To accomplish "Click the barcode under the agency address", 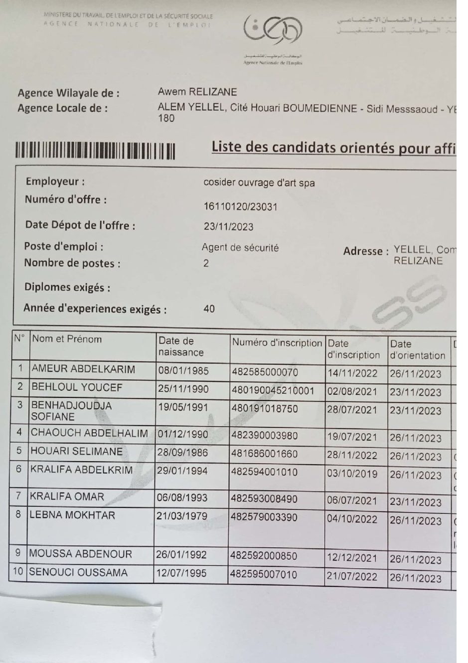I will click(x=95, y=151).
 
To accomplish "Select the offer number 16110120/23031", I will click(x=240, y=207).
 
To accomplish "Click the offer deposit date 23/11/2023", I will click(x=228, y=227).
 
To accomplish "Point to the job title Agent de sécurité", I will click(x=240, y=248).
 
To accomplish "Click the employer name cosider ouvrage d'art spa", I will click(x=259, y=183).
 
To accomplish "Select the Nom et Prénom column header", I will click(x=67, y=339).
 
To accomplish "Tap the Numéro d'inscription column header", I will click(x=277, y=343).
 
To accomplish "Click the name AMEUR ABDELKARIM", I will click(x=83, y=369).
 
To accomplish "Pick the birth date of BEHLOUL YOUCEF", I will click(x=183, y=389).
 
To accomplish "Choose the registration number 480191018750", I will click(x=265, y=409).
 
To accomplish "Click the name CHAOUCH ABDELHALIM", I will click(x=89, y=433).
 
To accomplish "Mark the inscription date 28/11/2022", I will click(x=352, y=456).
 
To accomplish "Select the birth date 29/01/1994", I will click(x=182, y=471).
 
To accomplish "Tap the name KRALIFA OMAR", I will click(x=67, y=497).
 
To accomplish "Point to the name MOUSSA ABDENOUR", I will click(x=80, y=554).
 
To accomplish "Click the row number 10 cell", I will click(x=18, y=572).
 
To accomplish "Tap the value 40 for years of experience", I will click(x=209, y=309).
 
